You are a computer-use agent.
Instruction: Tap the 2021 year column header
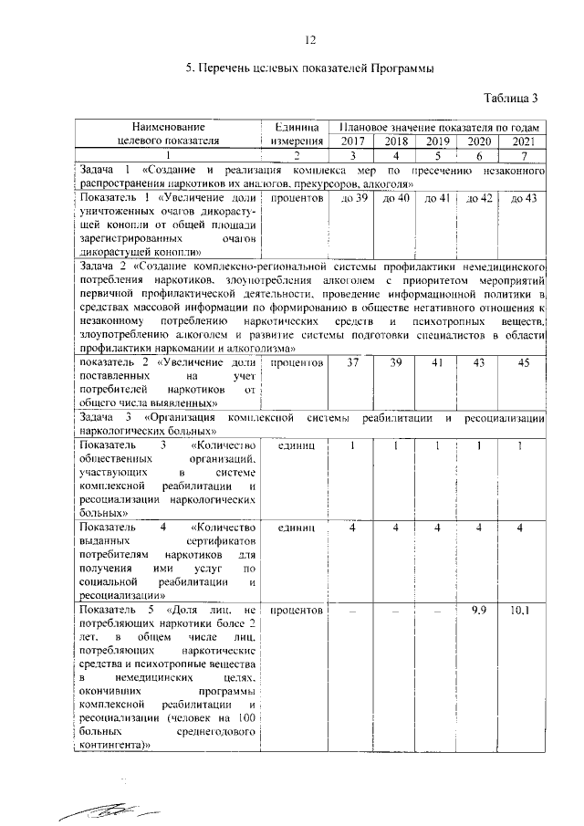(523, 141)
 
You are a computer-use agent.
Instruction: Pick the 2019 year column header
(438, 141)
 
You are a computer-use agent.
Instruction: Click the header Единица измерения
(295, 134)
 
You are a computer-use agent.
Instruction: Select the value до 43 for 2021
(524, 198)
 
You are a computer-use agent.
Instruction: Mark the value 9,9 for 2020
(481, 609)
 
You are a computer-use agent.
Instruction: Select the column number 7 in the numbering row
(523, 156)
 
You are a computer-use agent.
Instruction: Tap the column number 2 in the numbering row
(295, 156)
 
